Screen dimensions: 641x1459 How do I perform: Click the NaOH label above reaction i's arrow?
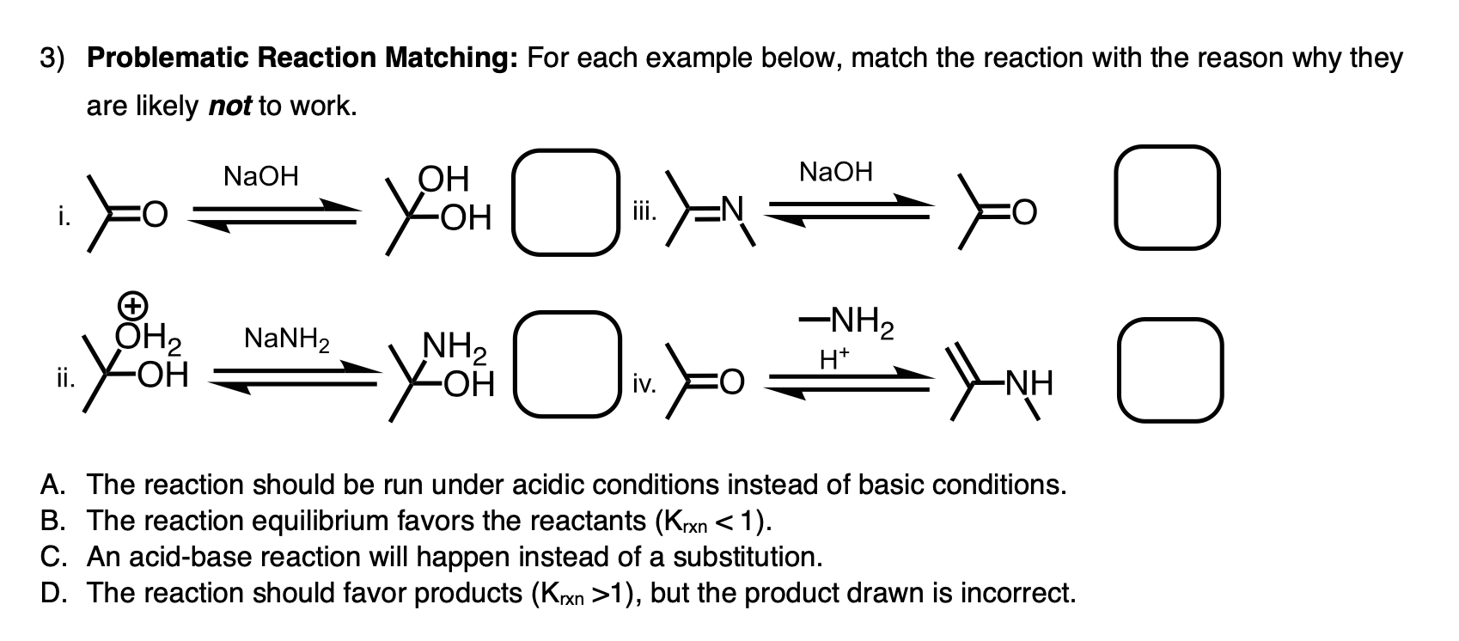[x=260, y=177]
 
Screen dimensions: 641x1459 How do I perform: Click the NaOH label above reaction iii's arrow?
[x=835, y=173]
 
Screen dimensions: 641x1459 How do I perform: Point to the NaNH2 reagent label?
[x=286, y=336]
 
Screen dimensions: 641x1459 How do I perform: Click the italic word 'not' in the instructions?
[x=229, y=107]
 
